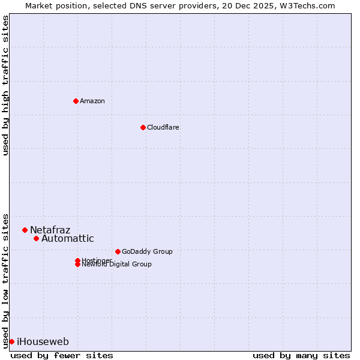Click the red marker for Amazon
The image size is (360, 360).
pyautogui.click(x=76, y=101)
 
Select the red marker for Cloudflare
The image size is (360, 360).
pyautogui.click(x=143, y=127)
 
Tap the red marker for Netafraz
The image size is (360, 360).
pyautogui.click(x=25, y=230)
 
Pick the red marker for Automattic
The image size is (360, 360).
pyautogui.click(x=36, y=238)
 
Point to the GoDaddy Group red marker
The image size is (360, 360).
pyautogui.click(x=118, y=251)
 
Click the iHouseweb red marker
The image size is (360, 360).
pyautogui.click(x=11, y=341)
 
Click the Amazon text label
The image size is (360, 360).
pyautogui.click(x=92, y=101)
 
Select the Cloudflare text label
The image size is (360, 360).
pyautogui.click(x=163, y=127)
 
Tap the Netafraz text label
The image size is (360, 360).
pyautogui.click(x=50, y=230)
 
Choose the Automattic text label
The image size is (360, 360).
pyautogui.click(x=67, y=238)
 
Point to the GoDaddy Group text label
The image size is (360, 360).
pyautogui.click(x=147, y=251)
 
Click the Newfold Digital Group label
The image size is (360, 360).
pyautogui.click(x=116, y=265)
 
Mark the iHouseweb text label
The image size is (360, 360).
pyautogui.click(x=43, y=342)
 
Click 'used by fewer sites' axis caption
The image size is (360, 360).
pyautogui.click(x=62, y=355)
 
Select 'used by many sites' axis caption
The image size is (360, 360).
pyautogui.click(x=301, y=355)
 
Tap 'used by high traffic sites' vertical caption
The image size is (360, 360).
pyautogui.click(x=6, y=85)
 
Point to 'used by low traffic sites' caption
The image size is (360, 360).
pyautogui.click(x=6, y=280)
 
